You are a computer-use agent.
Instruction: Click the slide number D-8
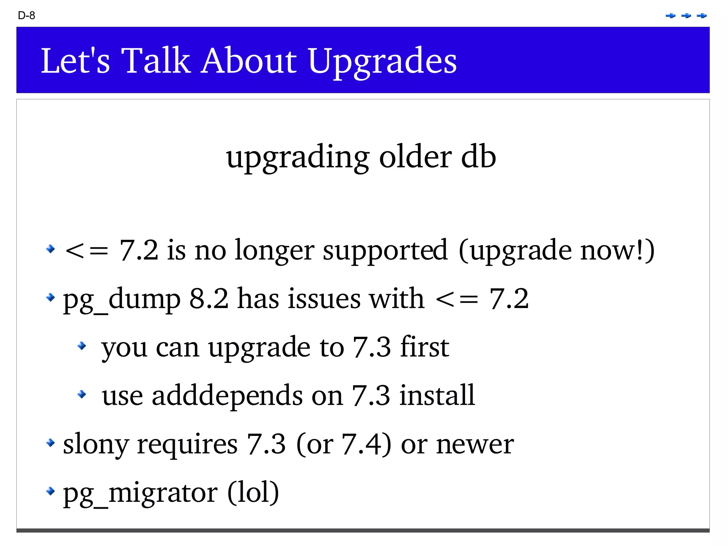click(x=26, y=16)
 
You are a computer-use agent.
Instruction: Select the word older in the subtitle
click(x=416, y=157)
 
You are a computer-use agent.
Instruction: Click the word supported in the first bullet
click(x=385, y=250)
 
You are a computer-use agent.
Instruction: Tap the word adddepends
click(x=227, y=396)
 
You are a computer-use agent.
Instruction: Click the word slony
click(x=96, y=445)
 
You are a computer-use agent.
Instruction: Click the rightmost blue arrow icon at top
click(x=702, y=16)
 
